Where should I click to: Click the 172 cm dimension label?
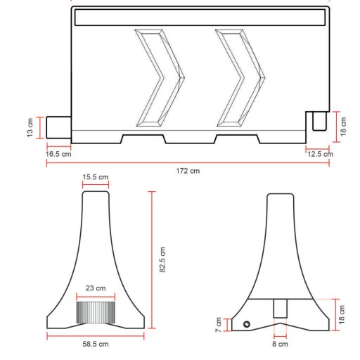pyautogui.click(x=188, y=171)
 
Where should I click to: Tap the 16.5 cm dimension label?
pyautogui.click(x=58, y=154)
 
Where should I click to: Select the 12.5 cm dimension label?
pyautogui.click(x=320, y=154)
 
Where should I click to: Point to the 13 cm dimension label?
pyautogui.click(x=30, y=128)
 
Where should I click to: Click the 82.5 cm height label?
pyautogui.click(x=162, y=259)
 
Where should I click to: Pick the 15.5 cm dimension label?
pyautogui.click(x=96, y=177)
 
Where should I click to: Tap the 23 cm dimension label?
pyautogui.click(x=96, y=288)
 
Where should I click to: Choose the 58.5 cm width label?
pyautogui.click(x=96, y=344)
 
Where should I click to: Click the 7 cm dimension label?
pyautogui.click(x=219, y=325)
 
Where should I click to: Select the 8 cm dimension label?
pyautogui.click(x=280, y=344)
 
